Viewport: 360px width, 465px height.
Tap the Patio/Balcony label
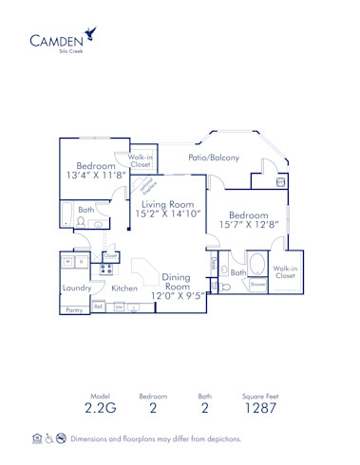(213, 158)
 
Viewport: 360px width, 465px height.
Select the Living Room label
(168, 204)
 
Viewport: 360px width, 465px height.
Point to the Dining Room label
(176, 282)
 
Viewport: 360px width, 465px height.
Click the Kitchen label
(125, 288)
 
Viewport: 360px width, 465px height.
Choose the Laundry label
(76, 288)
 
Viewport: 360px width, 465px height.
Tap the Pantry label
(73, 310)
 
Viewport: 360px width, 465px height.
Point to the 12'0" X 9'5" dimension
(177, 295)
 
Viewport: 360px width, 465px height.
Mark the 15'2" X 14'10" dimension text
(169, 215)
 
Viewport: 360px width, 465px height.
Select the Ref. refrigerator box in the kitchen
(99, 307)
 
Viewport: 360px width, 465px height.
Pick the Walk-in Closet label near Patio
(140, 160)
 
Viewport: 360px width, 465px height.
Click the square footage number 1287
(258, 410)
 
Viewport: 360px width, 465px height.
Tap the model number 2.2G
(101, 410)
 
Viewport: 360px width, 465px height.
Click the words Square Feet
(258, 395)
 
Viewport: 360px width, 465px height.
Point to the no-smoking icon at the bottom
(60, 438)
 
